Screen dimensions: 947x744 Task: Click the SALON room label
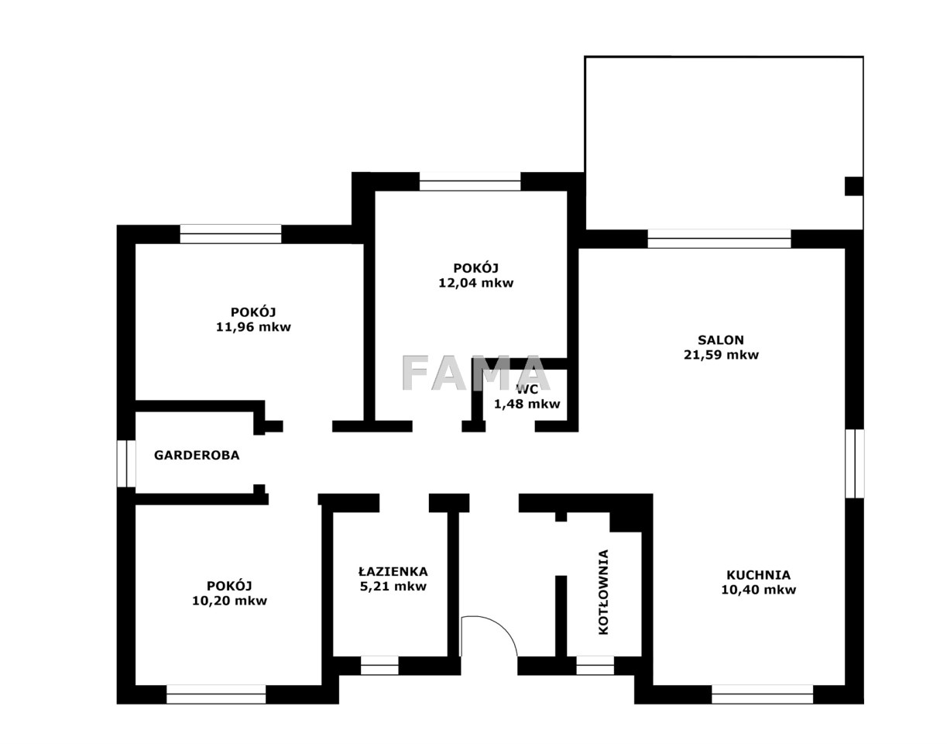[x=720, y=339]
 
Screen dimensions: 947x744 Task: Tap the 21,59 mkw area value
[x=721, y=355]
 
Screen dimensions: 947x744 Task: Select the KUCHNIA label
[x=758, y=575]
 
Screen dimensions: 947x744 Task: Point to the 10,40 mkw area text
[x=758, y=590]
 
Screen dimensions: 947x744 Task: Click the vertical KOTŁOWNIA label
[x=603, y=592]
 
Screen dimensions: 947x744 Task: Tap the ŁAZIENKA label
[x=393, y=571]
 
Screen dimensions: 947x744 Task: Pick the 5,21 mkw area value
[x=393, y=587]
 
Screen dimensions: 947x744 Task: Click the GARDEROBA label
[x=197, y=455]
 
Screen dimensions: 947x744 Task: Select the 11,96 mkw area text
[x=253, y=327]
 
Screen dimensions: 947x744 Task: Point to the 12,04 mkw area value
[x=476, y=283]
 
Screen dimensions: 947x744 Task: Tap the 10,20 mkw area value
[x=229, y=601]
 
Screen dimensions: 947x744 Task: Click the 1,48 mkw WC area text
[x=527, y=405]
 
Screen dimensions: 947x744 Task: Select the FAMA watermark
[x=475, y=374]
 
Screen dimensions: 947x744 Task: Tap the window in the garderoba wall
[x=125, y=463]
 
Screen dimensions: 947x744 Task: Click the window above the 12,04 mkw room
[x=470, y=181]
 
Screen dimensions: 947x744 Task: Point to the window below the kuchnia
[x=762, y=694]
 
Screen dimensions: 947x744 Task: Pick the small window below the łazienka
[x=379, y=666]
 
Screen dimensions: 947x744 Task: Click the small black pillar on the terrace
[x=854, y=186]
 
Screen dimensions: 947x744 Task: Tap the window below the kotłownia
[x=595, y=666]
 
